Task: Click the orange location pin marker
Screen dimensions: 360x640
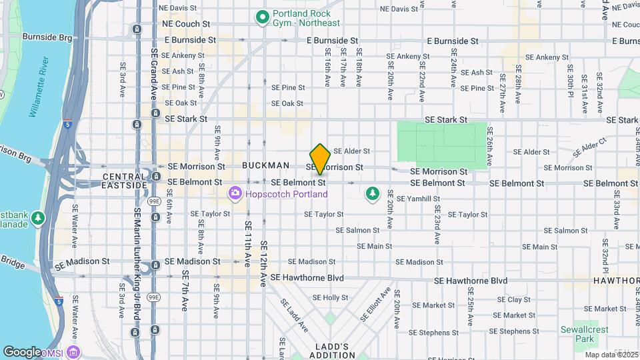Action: click(321, 159)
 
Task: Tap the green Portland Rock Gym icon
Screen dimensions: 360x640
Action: click(262, 15)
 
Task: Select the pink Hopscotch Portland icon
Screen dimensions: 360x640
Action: click(234, 194)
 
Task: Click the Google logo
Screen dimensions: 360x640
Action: click(22, 351)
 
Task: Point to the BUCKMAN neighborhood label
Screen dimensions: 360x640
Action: click(266, 165)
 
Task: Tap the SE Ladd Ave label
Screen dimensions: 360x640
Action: click(293, 315)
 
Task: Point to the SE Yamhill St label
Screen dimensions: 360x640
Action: click(418, 199)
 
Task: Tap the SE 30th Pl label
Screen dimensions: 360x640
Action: click(570, 83)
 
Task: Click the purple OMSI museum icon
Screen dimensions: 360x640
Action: click(73, 351)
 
